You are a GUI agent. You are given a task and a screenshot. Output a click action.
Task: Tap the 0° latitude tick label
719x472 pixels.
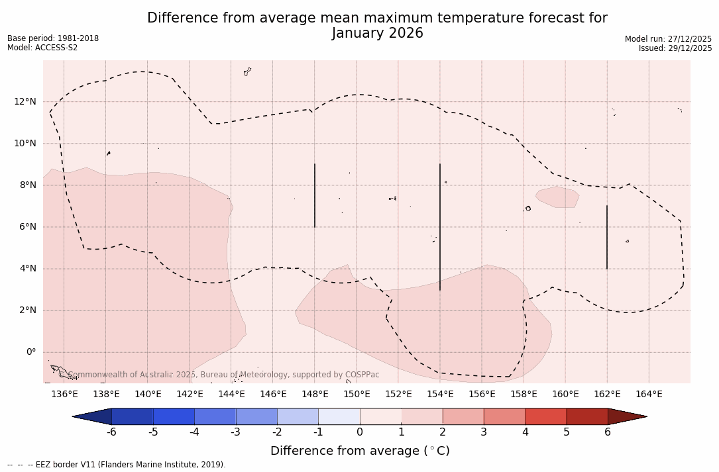point(30,352)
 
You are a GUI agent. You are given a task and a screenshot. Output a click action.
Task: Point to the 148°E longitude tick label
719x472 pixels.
point(315,395)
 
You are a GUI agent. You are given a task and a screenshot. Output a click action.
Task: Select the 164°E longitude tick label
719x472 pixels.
point(649,395)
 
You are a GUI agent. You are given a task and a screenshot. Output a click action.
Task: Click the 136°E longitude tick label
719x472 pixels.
point(64,395)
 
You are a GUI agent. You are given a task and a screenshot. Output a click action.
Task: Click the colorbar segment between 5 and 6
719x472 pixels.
point(586,416)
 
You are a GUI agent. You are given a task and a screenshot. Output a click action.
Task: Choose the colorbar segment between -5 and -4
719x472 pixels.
point(174,416)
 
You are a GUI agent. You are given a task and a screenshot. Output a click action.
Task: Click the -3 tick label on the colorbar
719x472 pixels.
point(235,432)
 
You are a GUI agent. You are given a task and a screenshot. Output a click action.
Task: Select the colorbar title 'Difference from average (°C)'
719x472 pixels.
point(360,451)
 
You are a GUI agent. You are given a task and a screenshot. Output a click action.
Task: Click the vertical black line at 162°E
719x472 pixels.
point(607,237)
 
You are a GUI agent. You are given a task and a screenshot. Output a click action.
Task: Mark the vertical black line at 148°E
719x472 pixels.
point(315,195)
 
